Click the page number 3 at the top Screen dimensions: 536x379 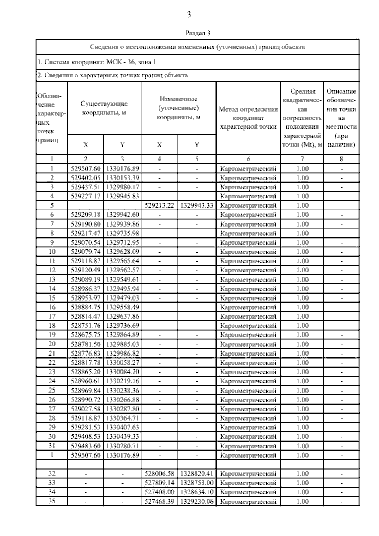point(189,15)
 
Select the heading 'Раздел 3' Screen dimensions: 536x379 point(197,33)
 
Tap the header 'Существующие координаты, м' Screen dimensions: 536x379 point(104,108)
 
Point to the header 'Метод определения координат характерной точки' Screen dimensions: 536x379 point(248,118)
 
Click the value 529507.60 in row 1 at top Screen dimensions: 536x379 point(86,168)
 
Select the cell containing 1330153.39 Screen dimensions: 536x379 point(122,178)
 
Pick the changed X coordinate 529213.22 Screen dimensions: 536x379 point(159,205)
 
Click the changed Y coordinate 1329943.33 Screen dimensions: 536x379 point(197,205)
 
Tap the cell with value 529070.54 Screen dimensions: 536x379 point(86,242)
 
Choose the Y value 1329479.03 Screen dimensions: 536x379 point(122,298)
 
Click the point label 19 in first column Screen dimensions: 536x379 point(52,335)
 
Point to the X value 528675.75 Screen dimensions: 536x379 point(86,335)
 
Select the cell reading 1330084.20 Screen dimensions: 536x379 point(122,372)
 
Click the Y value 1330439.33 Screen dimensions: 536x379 point(122,436)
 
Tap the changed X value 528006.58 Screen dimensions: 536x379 point(159,473)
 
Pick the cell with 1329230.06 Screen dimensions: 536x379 point(197,501)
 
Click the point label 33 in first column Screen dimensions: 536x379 point(52,483)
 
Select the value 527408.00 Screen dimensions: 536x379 point(159,492)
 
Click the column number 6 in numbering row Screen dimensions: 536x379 point(248,159)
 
